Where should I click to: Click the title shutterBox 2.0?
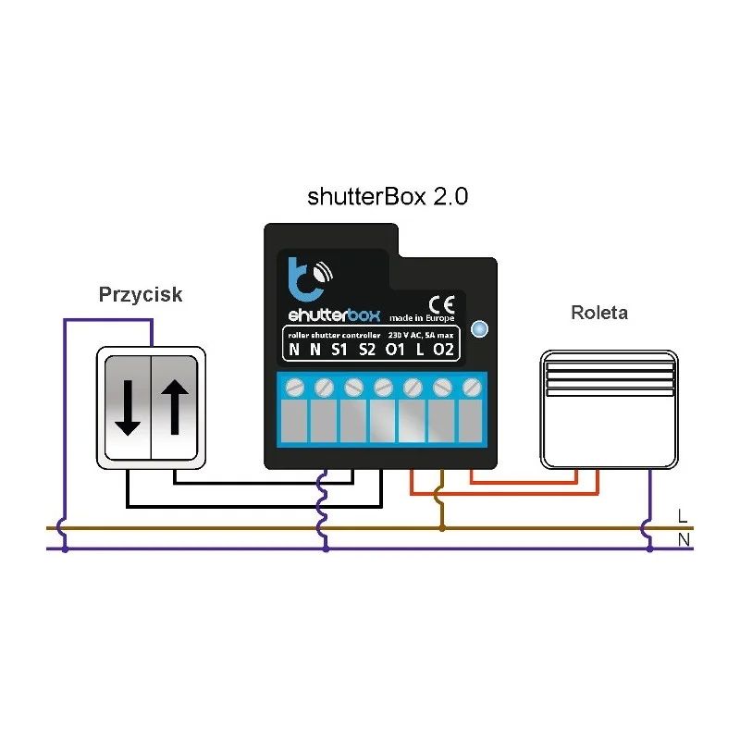(x=388, y=198)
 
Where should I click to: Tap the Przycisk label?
(x=141, y=295)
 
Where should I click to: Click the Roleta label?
(x=598, y=313)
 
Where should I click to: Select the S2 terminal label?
(x=367, y=349)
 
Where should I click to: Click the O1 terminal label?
(x=395, y=349)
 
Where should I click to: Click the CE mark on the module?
(x=440, y=301)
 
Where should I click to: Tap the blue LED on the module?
(x=478, y=328)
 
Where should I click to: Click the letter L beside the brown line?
(x=683, y=514)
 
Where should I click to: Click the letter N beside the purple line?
(x=683, y=538)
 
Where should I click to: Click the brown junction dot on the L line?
(x=441, y=528)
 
